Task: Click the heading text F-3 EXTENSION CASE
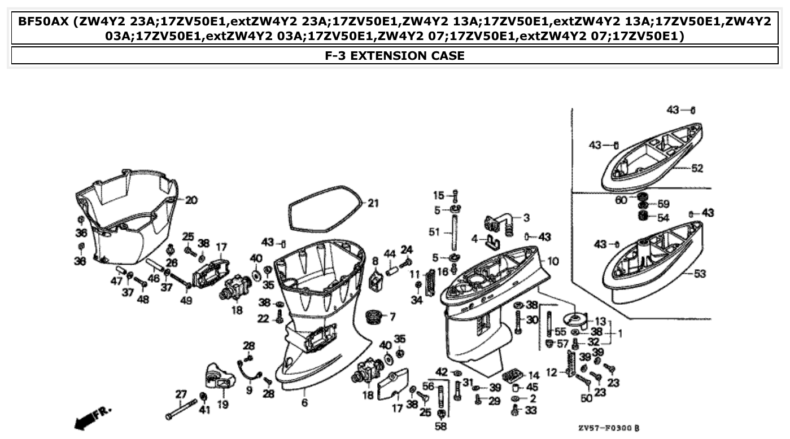point(395,55)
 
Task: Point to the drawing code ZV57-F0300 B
point(609,428)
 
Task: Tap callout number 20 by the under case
point(191,200)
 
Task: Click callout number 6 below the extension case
point(304,403)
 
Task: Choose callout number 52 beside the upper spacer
point(697,168)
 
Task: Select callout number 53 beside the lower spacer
point(699,274)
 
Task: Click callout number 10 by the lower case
point(553,261)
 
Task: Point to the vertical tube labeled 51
point(452,231)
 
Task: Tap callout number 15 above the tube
point(439,196)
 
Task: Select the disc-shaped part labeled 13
point(575,320)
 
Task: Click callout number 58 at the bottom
point(440,427)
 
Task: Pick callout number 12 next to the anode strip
point(552,372)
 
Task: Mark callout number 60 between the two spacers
point(620,200)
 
